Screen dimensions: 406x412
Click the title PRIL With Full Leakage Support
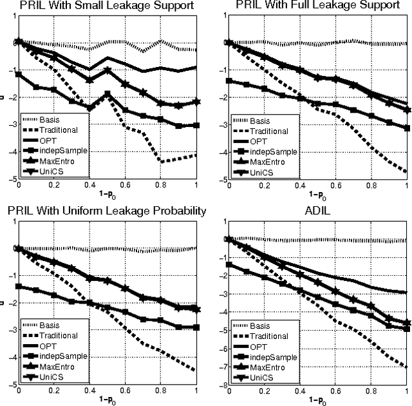click(314, 6)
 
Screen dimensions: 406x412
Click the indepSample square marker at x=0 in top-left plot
click(19, 75)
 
